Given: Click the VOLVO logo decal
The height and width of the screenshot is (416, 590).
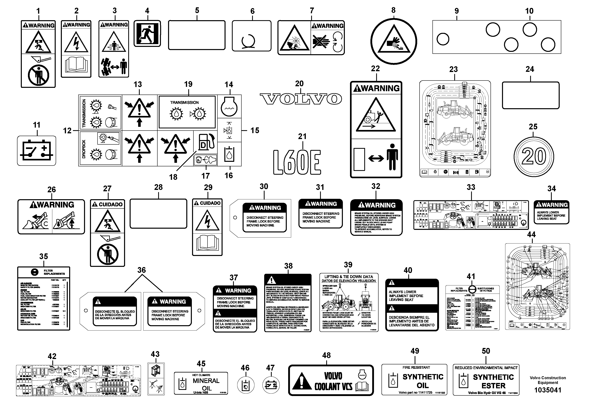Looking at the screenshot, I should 300,99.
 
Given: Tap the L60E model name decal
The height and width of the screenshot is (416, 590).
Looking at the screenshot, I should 297,162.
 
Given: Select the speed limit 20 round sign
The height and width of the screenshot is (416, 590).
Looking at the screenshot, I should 534,156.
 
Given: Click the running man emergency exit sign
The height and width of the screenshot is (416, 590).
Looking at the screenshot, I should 147,34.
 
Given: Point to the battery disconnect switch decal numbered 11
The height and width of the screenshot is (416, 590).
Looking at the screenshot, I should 36,151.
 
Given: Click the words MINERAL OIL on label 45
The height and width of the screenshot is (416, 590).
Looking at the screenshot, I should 206,384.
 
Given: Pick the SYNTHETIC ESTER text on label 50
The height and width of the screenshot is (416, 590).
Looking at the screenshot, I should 493,381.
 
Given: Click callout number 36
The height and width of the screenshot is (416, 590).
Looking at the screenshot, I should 141,270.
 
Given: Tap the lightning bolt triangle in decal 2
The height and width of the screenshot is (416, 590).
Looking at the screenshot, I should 76,42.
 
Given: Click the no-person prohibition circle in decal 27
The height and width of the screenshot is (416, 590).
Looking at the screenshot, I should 107,254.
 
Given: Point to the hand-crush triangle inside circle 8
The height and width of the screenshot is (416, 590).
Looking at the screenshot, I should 393,41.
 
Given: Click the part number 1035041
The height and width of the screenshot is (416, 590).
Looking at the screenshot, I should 548,390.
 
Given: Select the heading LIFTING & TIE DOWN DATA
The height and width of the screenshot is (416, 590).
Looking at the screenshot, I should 348,277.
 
